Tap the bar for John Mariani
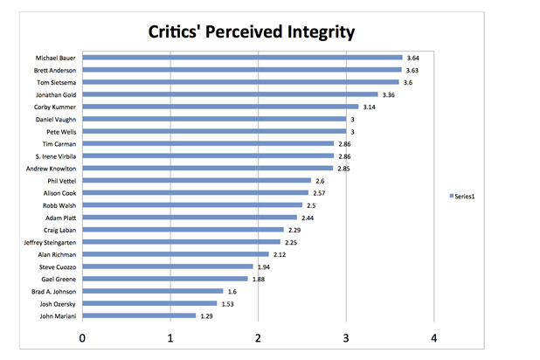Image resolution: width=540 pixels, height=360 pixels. pos(140,315)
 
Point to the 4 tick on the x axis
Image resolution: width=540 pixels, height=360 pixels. pos(434,337)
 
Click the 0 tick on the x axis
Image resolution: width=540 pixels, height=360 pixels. pos(83,337)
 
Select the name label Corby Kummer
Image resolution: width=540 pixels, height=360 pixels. pos(57,107)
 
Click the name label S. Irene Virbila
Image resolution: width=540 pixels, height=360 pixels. pos(54,156)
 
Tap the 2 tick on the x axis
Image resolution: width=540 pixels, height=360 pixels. pos(259,337)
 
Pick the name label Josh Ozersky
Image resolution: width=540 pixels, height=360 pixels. pos(58,303)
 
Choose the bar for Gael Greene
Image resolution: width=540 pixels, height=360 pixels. pos(166,279)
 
